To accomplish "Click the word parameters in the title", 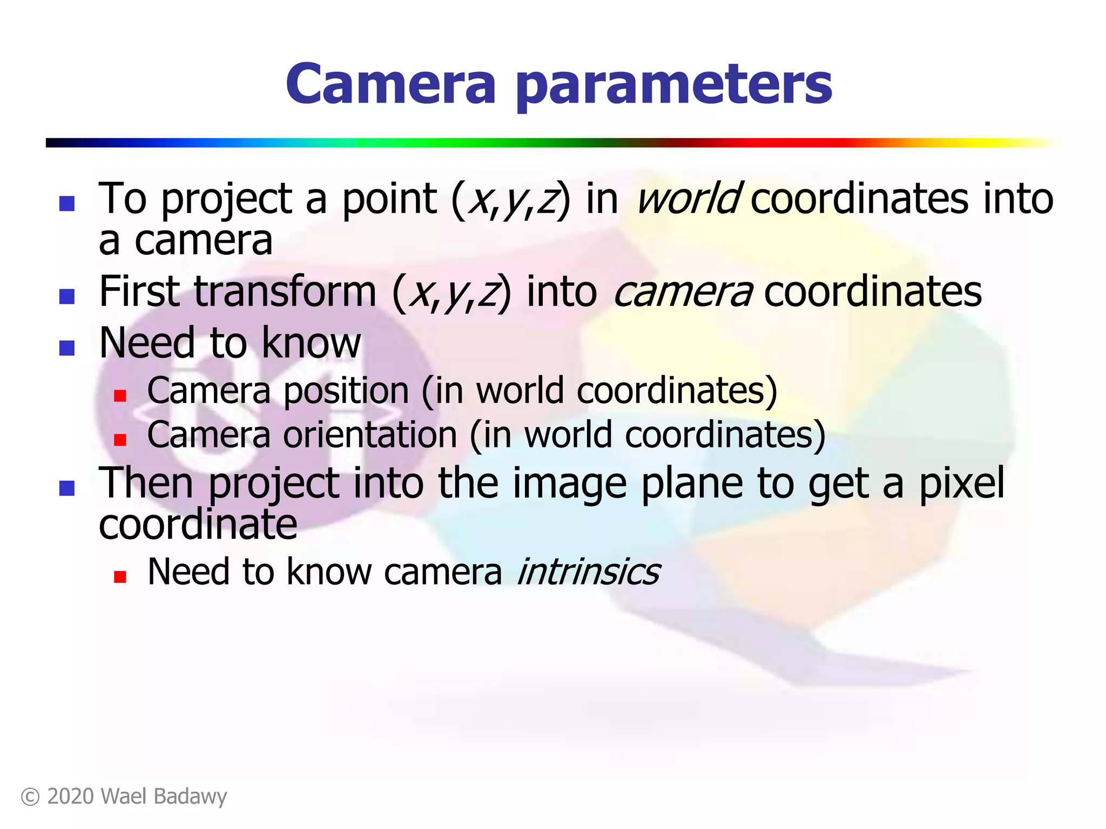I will [x=673, y=85].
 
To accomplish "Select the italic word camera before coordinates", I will [x=683, y=291].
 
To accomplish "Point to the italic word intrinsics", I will [x=588, y=572].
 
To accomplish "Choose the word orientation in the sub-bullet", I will [x=370, y=435].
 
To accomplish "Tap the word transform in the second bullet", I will [x=285, y=291].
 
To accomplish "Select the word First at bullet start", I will [x=139, y=291].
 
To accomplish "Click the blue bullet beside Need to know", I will [x=67, y=348].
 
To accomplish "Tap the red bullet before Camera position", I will [x=120, y=396].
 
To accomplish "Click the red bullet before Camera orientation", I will [x=120, y=440].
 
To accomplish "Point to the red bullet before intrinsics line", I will [x=120, y=577].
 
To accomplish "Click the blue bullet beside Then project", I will [x=67, y=488].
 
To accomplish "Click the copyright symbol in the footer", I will [x=30, y=797].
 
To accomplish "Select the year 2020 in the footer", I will [x=70, y=797].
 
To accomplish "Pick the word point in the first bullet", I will [x=389, y=199].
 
